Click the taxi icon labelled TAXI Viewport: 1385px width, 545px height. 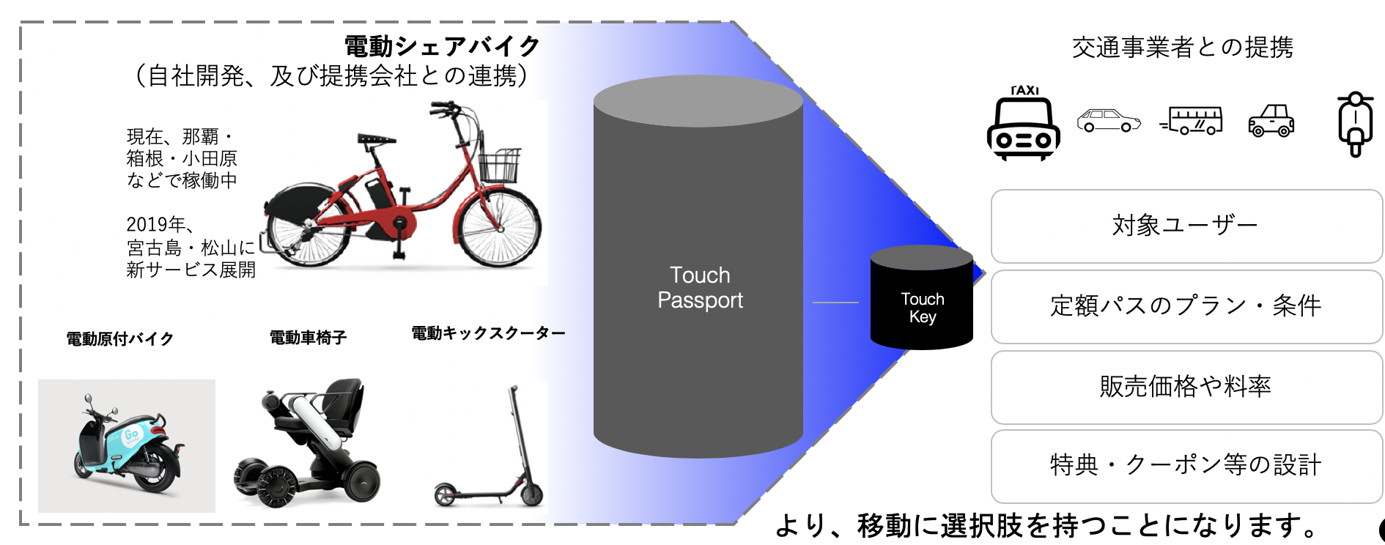(1023, 125)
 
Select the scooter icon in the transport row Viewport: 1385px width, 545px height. (1355, 123)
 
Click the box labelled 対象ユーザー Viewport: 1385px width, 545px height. (1186, 226)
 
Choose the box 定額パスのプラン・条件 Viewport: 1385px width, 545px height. (1186, 306)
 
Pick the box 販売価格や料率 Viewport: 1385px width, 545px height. (1186, 387)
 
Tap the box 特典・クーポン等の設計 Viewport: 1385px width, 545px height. (1186, 466)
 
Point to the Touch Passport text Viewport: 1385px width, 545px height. (699, 288)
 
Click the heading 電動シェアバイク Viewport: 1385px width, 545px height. (442, 46)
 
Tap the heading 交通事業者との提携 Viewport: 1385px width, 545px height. (1182, 48)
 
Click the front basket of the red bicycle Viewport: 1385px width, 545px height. (498, 166)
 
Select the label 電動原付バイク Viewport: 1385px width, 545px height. (120, 338)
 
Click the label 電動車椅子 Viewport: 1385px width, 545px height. (308, 338)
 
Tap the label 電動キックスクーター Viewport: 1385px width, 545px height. (488, 333)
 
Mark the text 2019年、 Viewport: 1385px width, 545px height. (159, 224)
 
